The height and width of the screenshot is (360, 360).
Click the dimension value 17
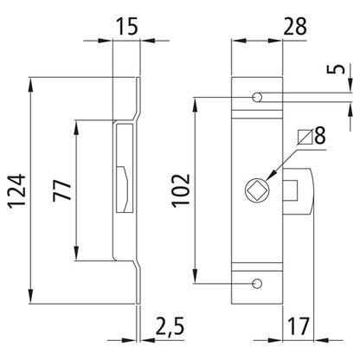point(299,327)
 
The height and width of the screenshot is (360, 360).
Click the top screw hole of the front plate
point(258,97)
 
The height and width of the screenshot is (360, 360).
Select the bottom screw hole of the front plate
point(258,283)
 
